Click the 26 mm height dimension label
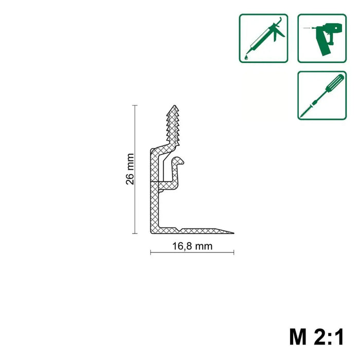pyautogui.click(x=130, y=169)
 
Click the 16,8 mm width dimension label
pyautogui.click(x=192, y=246)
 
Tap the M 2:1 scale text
pyautogui.click(x=317, y=337)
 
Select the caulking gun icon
pyautogui.click(x=263, y=39)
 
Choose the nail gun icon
pyautogui.click(x=322, y=39)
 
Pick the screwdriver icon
pyautogui.click(x=322, y=96)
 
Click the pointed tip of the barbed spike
pyautogui.click(x=175, y=105)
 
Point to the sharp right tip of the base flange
pyautogui.click(x=233, y=233)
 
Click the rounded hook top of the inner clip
pyautogui.click(x=179, y=159)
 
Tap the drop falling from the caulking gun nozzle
pyautogui.click(x=246, y=57)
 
